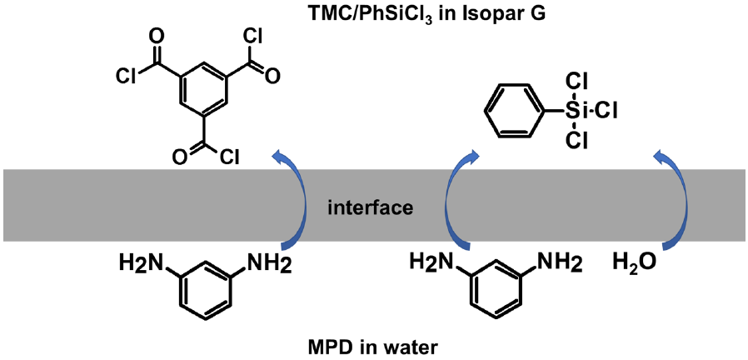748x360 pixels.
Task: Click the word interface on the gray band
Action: click(x=371, y=206)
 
